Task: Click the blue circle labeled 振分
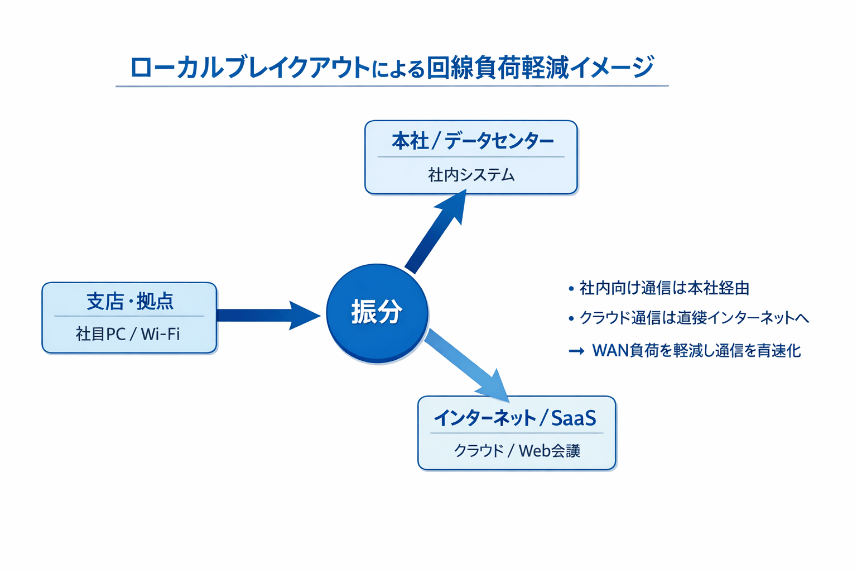(x=377, y=313)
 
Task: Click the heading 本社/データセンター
(x=472, y=141)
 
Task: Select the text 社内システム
(x=471, y=175)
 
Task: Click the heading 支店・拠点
(x=129, y=302)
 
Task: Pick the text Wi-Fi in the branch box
(x=160, y=334)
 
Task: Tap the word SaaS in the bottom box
(x=574, y=418)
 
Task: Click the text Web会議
(x=550, y=451)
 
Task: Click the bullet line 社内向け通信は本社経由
(x=664, y=288)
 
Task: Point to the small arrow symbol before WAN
(x=576, y=351)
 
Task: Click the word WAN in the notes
(x=610, y=351)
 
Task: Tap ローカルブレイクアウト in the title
(x=250, y=68)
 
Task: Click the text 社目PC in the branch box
(x=100, y=334)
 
